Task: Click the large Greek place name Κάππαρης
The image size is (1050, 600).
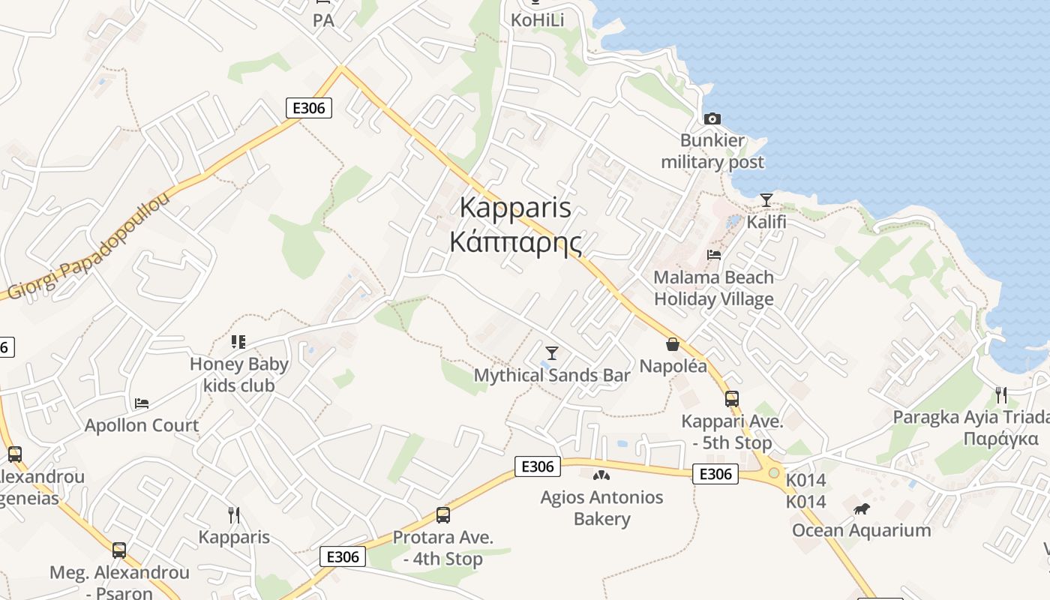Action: [x=515, y=241]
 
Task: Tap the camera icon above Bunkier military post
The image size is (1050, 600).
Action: [x=712, y=118]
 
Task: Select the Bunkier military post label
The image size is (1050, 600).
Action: [x=712, y=151]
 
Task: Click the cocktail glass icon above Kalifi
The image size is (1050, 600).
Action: [x=766, y=200]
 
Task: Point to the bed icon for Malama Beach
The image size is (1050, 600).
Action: [x=714, y=255]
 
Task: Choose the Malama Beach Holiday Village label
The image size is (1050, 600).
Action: [x=713, y=288]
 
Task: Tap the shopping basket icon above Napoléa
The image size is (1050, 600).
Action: [x=673, y=344]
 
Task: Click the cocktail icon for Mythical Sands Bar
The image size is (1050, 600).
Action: [x=552, y=352]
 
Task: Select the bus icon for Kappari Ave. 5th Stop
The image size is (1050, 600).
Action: [x=731, y=399]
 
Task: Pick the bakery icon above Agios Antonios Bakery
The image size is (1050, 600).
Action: [x=601, y=475]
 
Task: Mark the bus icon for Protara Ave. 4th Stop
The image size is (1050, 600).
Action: [x=443, y=515]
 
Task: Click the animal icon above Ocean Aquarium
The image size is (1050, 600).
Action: [x=862, y=508]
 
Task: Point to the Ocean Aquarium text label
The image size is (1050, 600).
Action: [x=862, y=530]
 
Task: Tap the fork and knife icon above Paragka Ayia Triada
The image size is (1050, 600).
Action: [x=1000, y=394]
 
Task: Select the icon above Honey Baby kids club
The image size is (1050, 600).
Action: [x=238, y=342]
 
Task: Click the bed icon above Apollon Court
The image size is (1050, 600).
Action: [x=142, y=403]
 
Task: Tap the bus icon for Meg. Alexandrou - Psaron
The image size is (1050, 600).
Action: [x=119, y=550]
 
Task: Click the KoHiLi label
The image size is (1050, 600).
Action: [x=537, y=19]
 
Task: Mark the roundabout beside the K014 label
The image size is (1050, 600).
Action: [x=773, y=473]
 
